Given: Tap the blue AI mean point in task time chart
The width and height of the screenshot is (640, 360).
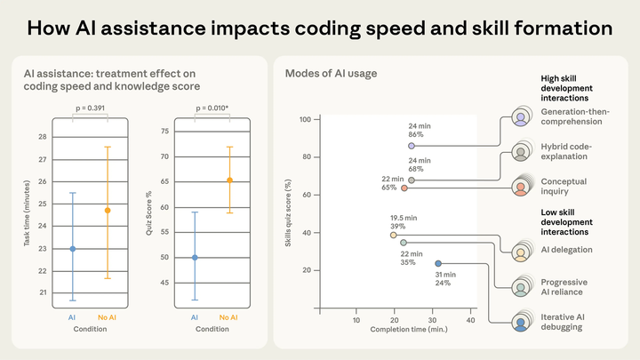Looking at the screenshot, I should click(73, 249).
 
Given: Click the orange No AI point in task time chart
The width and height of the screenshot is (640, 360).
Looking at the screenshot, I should click(108, 211).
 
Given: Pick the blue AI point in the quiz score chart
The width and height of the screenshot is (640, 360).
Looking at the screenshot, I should click(195, 258).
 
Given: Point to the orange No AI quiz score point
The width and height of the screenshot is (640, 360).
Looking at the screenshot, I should click(229, 180).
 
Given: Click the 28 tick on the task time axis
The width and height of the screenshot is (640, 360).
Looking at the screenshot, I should click(43, 137).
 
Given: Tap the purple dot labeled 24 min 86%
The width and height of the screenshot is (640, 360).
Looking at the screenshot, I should click(411, 146).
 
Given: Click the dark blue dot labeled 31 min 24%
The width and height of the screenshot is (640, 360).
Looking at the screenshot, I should click(438, 263).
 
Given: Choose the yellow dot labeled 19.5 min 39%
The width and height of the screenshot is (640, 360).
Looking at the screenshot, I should click(393, 236).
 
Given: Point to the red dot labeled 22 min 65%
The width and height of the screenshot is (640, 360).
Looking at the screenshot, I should click(404, 188).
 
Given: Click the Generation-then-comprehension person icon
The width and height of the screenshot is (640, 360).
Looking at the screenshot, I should click(520, 118).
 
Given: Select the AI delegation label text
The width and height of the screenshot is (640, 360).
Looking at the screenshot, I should click(567, 250).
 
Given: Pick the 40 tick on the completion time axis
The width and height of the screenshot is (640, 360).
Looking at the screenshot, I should click(471, 321).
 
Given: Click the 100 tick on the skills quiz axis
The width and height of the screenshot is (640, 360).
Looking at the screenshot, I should click(304, 119).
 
